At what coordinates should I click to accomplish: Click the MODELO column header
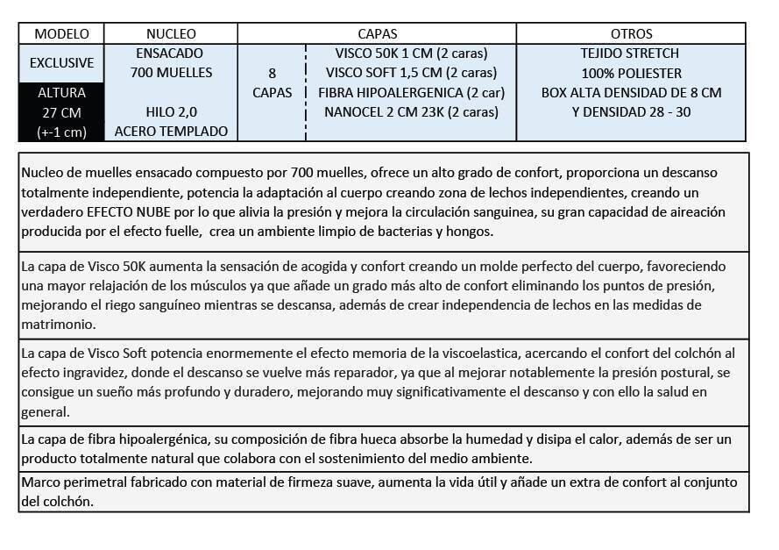(61, 33)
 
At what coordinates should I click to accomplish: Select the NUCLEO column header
(171, 33)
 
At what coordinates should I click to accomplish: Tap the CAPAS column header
(377, 33)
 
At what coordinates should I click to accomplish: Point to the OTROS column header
(631, 33)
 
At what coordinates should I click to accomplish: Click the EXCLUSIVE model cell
(61, 63)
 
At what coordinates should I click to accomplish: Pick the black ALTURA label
(61, 92)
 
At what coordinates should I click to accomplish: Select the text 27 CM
(61, 112)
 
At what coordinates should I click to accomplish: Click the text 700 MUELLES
(171, 73)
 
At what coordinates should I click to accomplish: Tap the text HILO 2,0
(171, 112)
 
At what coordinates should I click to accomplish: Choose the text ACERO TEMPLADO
(171, 132)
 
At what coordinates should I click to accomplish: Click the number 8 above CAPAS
(272, 73)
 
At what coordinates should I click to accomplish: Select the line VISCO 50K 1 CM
(411, 54)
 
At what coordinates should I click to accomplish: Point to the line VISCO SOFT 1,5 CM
(411, 73)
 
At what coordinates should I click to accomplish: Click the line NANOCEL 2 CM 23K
(411, 112)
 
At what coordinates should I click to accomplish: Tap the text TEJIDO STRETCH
(630, 54)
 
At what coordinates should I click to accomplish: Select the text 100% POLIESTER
(631, 73)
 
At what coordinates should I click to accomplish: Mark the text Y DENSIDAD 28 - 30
(631, 112)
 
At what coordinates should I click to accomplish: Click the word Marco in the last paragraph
(40, 482)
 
